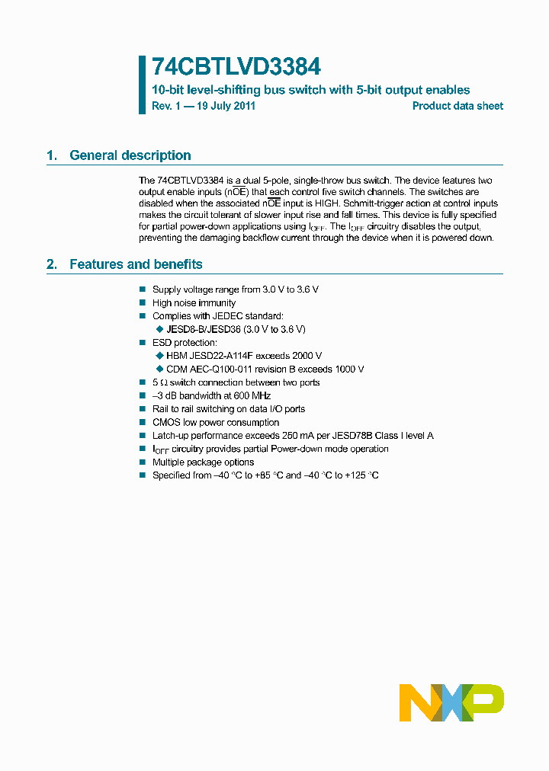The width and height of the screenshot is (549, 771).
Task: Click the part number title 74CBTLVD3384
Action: pos(226,66)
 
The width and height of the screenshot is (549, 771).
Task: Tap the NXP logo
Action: pos(451,702)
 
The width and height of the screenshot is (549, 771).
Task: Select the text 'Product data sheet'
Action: pos(457,107)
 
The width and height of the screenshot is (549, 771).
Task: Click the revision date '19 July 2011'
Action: pos(226,107)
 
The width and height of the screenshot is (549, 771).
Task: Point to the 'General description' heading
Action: pos(130,155)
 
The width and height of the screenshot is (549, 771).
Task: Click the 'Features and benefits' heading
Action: pos(136,264)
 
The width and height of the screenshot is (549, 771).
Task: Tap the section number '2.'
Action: pos(52,264)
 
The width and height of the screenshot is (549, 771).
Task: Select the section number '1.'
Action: pos(52,155)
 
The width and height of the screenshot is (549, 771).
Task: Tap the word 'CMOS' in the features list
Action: pos(165,422)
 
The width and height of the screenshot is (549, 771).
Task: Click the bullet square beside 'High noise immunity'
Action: pos(143,303)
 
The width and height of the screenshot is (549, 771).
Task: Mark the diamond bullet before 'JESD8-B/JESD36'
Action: pos(159,329)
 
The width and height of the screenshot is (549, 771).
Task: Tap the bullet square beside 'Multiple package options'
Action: pos(143,462)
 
